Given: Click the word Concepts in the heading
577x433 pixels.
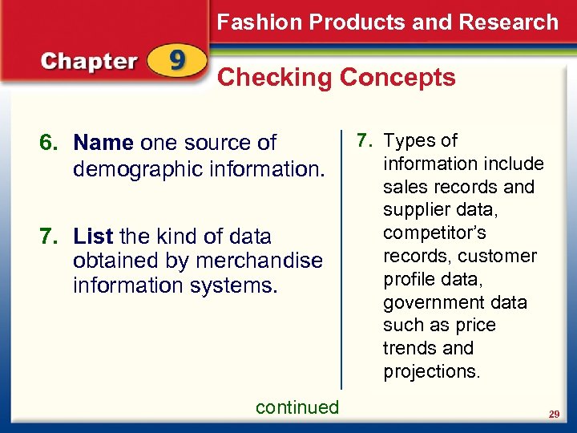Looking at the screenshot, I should pyautogui.click(x=397, y=78).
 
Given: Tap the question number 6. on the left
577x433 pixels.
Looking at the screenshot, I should pyautogui.click(x=50, y=144).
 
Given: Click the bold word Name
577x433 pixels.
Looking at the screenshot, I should pyautogui.click(x=103, y=144).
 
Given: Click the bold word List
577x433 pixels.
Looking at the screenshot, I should pyautogui.click(x=93, y=237).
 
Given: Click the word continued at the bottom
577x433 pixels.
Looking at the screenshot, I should pyautogui.click(x=297, y=407).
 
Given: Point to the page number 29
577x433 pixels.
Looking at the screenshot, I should pyautogui.click(x=553, y=414).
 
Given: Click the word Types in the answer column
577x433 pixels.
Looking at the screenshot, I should pyautogui.click(x=408, y=140).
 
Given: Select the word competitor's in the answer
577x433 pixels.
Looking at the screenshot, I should pyautogui.click(x=434, y=233).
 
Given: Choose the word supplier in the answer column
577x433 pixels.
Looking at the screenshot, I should pyautogui.click(x=415, y=210).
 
